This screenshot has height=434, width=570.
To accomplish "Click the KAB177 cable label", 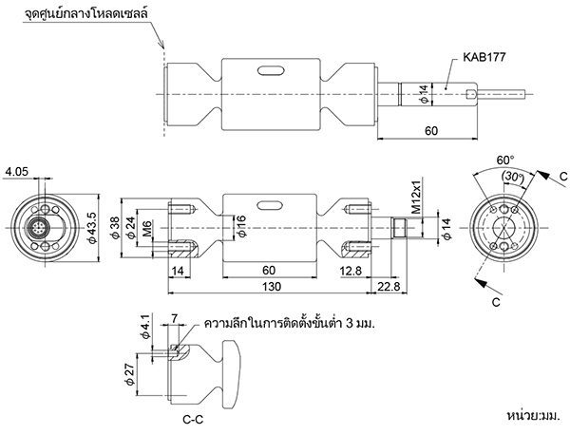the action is (484, 57).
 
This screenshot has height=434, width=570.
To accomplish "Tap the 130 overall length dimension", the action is (272, 287).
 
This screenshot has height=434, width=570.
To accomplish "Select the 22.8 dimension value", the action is (389, 287).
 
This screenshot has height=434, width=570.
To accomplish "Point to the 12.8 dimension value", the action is (351, 271).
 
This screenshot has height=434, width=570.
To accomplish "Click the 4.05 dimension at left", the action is (16, 172).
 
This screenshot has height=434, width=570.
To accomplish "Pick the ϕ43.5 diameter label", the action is (91, 228).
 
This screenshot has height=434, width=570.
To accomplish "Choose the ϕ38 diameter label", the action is (115, 228).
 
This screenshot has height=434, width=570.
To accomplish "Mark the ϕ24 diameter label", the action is (130, 228).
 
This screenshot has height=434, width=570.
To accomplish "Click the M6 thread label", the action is (147, 229).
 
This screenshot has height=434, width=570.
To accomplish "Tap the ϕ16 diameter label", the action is (240, 226).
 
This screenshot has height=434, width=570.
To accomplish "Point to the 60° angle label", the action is (505, 160).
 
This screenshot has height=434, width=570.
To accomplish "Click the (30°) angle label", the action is (513, 177).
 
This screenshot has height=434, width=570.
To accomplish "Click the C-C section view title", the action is (193, 420).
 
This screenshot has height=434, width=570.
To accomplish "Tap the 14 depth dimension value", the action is (178, 271).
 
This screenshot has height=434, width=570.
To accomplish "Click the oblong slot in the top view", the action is (271, 71).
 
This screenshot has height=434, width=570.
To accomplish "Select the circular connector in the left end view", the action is (37, 228).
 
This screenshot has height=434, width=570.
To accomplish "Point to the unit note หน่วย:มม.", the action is (534, 415).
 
